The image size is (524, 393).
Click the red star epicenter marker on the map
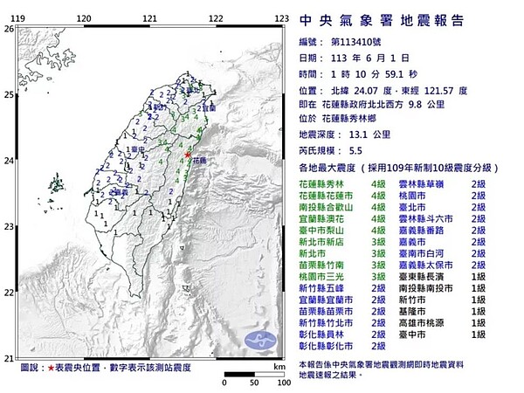pos(189,155)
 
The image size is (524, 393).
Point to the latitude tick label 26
pos(7,29)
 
